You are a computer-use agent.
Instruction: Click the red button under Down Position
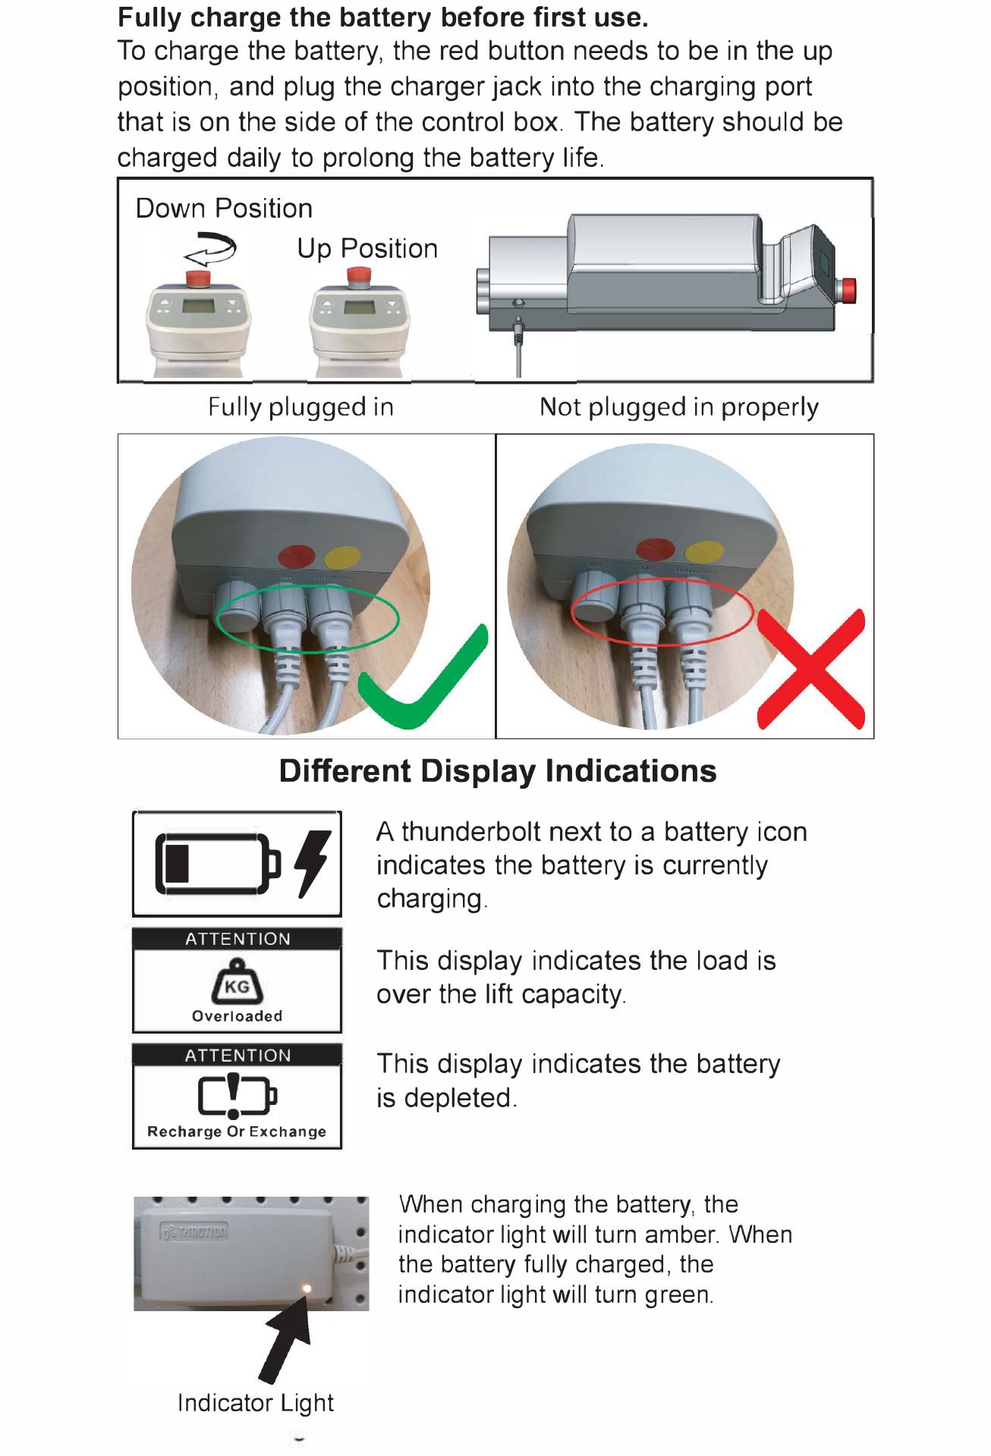point(199,277)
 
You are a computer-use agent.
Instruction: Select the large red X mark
point(811,668)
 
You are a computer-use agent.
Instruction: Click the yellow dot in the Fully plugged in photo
point(340,556)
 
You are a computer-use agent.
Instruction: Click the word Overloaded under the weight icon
point(237,1016)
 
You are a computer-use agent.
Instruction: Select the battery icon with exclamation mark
point(238,1095)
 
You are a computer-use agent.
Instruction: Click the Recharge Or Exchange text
point(237,1131)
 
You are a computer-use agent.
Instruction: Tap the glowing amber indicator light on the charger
point(307,1288)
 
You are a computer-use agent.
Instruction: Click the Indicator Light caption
point(256,1403)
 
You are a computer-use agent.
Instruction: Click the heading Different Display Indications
point(498,771)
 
